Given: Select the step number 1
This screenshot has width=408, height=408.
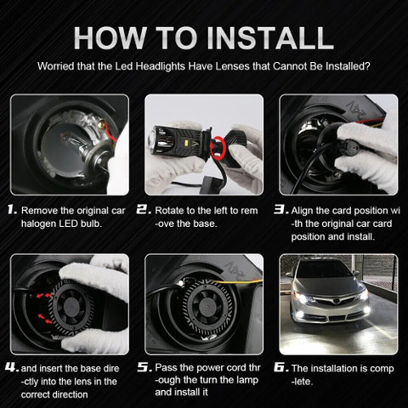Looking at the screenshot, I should [x=12, y=208].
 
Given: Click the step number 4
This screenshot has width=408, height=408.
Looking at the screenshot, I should [x=12, y=368].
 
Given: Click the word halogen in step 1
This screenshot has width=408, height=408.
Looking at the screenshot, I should [x=42, y=223].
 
